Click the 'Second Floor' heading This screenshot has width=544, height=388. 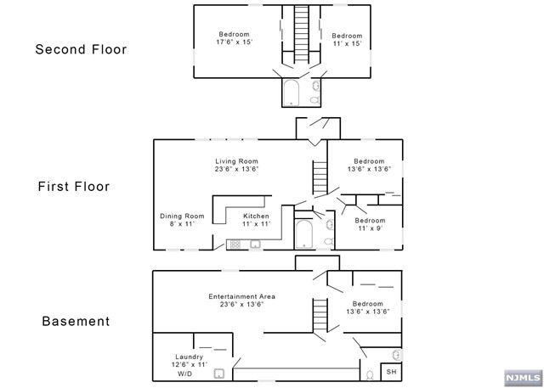[x=81, y=49]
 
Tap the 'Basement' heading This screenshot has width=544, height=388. [x=76, y=322]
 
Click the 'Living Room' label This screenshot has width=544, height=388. [x=236, y=161]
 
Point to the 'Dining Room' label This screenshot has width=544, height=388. [x=182, y=216]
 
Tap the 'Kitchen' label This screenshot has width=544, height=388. [x=256, y=216]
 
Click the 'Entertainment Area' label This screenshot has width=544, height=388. [x=241, y=296]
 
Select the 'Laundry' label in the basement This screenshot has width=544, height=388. [x=190, y=357]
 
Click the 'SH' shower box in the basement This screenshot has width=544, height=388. [x=391, y=371]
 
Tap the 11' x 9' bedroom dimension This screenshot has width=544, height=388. [x=371, y=228]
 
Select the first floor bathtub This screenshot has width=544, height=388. [x=304, y=233]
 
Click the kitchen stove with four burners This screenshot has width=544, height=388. [x=235, y=245]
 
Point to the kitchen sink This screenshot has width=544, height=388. [x=254, y=245]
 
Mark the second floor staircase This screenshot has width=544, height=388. [x=302, y=34]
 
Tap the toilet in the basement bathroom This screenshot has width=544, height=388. [x=368, y=374]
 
